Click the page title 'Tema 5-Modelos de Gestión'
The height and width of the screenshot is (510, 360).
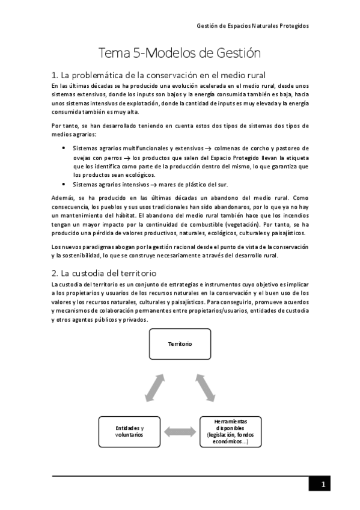pos(180,53)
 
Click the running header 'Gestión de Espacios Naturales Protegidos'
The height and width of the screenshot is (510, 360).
pos(253,26)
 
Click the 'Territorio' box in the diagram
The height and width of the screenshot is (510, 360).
pos(180,344)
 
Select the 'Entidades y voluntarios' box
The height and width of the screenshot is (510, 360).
pos(129,431)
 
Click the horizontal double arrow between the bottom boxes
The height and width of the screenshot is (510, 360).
pos(180,431)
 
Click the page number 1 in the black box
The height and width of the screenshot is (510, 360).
pos(322,485)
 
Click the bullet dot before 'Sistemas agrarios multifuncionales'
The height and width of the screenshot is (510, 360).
pos(64,148)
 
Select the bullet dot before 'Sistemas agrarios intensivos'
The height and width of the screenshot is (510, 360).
pos(64,184)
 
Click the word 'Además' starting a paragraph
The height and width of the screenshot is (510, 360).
pos(64,197)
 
